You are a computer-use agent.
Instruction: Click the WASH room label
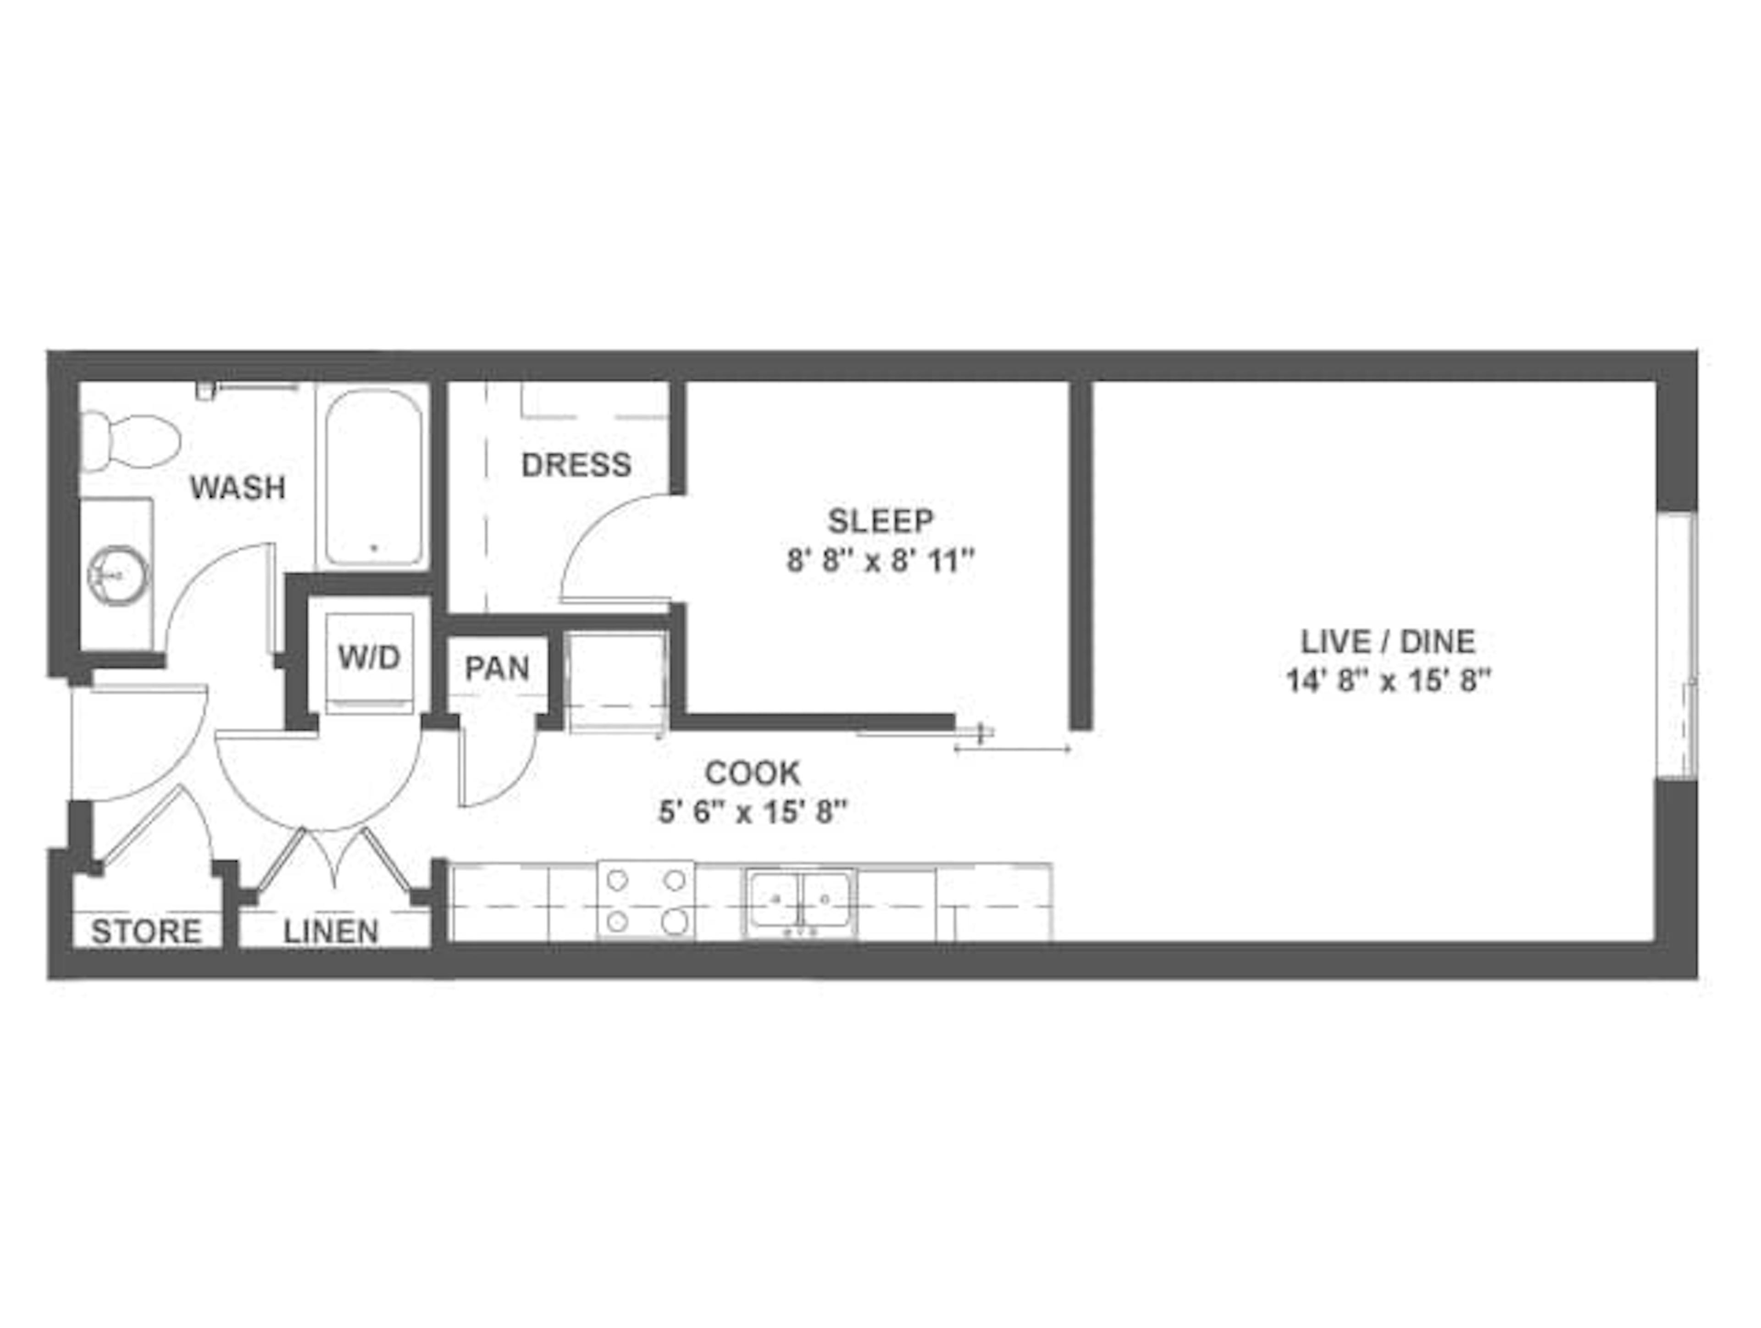coord(237,487)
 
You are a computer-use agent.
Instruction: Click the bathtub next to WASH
coord(373,477)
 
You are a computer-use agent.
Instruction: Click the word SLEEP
coord(880,522)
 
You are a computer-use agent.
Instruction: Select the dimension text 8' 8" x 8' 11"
coord(880,562)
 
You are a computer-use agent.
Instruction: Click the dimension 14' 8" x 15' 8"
coord(1388,682)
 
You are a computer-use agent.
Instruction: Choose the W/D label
coord(369,658)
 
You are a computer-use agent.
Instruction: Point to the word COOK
coord(753,772)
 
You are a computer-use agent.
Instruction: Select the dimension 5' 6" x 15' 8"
coord(753,813)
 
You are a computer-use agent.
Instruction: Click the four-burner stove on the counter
coord(646,900)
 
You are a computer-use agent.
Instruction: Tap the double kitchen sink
coord(800,900)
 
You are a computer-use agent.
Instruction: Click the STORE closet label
coord(146,932)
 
